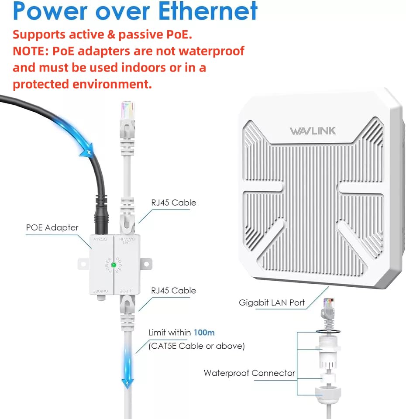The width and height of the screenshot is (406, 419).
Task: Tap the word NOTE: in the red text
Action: tap(31, 51)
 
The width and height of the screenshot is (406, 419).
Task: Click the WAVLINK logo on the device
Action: tap(313, 131)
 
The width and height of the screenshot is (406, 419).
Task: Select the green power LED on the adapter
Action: tap(114, 264)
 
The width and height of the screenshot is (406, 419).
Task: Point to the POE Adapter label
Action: tap(52, 227)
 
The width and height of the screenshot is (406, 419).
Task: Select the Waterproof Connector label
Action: tap(249, 373)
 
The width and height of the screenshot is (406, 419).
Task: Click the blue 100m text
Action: tap(204, 333)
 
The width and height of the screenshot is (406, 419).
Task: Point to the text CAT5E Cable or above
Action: tap(197, 346)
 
